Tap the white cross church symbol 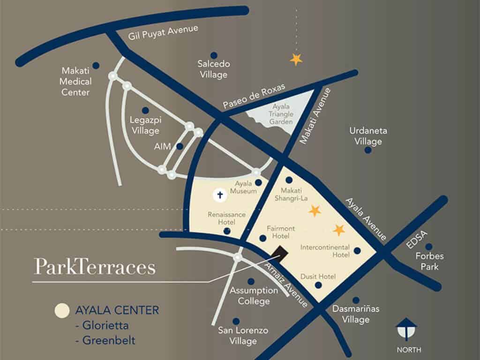[x=219, y=195]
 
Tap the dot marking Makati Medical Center [x=96, y=66]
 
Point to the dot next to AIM [x=180, y=146]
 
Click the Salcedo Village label [x=213, y=69]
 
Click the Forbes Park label [x=429, y=262]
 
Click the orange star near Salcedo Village [x=296, y=59]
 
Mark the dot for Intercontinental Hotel [x=357, y=251]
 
